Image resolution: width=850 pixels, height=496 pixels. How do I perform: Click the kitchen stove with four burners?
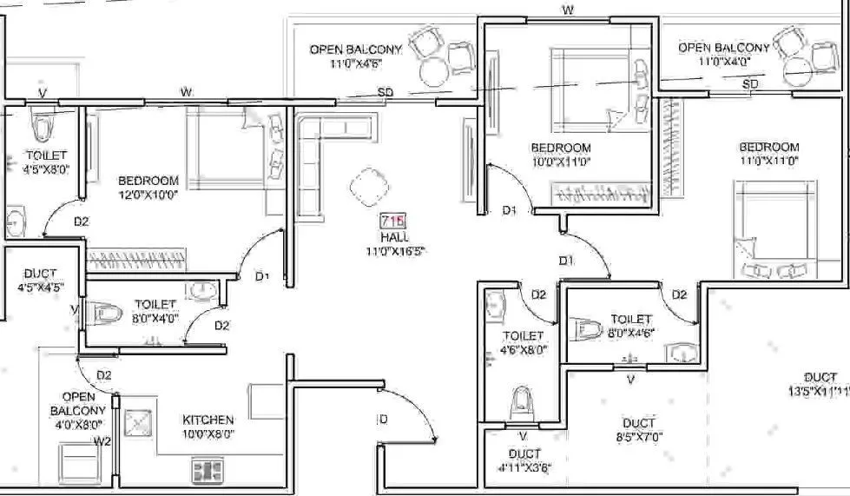pyautogui.click(x=208, y=472)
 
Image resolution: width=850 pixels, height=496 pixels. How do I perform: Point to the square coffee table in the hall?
pyautogui.click(x=367, y=186)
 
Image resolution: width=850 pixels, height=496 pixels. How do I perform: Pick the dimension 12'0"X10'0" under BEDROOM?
pyautogui.click(x=148, y=195)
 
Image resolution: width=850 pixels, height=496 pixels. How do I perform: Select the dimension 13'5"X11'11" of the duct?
pyautogui.click(x=818, y=391)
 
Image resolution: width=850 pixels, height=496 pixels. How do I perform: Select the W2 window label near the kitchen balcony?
pyautogui.click(x=103, y=440)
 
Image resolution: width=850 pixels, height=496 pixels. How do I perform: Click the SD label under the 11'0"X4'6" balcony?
pyautogui.click(x=385, y=92)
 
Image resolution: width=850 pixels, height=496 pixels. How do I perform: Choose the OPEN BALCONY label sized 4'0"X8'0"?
pyautogui.click(x=77, y=410)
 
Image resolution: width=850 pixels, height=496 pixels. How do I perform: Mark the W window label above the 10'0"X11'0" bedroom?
pyautogui.click(x=567, y=10)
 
